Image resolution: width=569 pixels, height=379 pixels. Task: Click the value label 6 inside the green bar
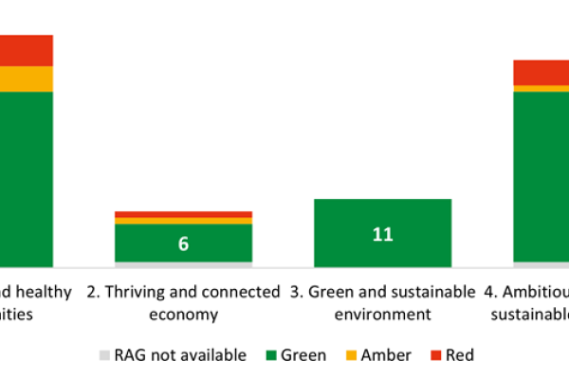pyautogui.click(x=183, y=244)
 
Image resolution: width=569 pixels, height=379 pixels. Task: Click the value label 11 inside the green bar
pyautogui.click(x=382, y=234)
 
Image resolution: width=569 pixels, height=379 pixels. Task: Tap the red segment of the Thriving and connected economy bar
pyautogui.click(x=183, y=214)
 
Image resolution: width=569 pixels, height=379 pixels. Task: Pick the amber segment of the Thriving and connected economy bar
pyautogui.click(x=183, y=221)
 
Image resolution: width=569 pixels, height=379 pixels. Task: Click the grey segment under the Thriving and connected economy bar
pyautogui.click(x=183, y=264)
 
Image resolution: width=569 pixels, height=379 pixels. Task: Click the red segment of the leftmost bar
pyautogui.click(x=26, y=50)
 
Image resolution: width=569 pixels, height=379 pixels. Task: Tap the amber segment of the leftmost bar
pyautogui.click(x=26, y=79)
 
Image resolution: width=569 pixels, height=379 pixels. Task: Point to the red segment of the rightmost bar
pyautogui.click(x=541, y=72)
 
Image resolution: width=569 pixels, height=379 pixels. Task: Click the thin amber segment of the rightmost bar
pyautogui.click(x=541, y=88)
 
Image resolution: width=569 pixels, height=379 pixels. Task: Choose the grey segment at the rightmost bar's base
pyautogui.click(x=541, y=263)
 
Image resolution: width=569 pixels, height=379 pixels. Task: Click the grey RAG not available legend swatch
pyautogui.click(x=104, y=356)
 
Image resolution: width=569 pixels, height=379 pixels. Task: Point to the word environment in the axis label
pyautogui.click(x=382, y=314)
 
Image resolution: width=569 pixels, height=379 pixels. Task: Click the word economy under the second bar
pyautogui.click(x=183, y=314)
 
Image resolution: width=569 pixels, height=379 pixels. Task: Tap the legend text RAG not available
pyautogui.click(x=180, y=356)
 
